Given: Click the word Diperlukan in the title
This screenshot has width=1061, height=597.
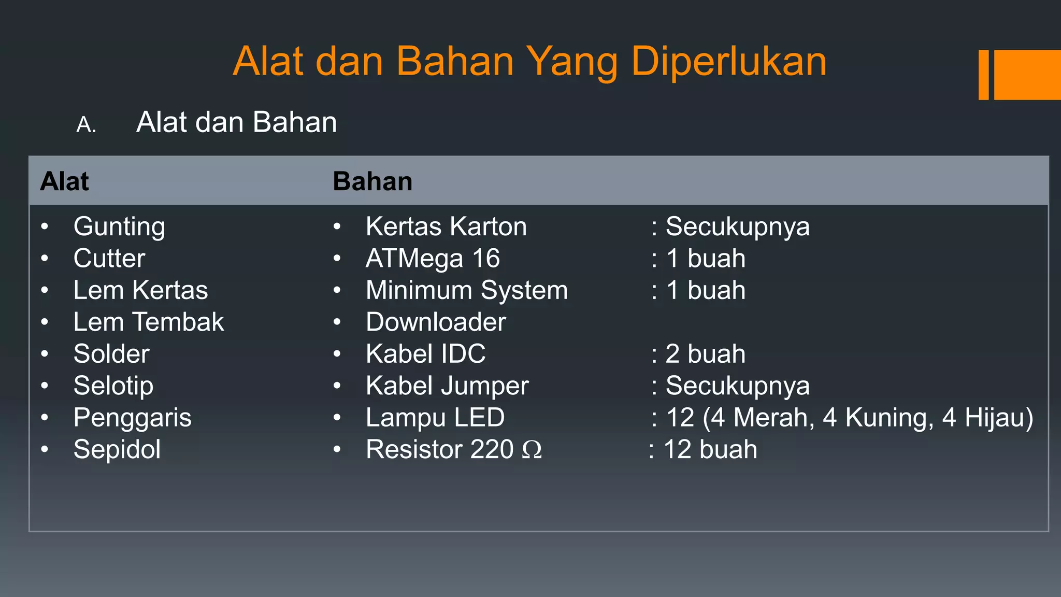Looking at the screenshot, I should [x=728, y=62].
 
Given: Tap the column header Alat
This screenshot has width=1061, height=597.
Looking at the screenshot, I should [x=65, y=181].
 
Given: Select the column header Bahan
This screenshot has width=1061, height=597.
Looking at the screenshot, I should [x=372, y=181].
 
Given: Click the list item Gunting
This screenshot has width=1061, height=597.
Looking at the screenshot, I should [x=119, y=227].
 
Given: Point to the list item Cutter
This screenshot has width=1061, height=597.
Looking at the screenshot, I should [x=109, y=258].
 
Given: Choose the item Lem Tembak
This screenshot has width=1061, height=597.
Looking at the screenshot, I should [x=149, y=322].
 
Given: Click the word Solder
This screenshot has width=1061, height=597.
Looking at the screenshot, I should [x=111, y=354].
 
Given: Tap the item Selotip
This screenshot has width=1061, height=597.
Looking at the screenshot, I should [x=113, y=386].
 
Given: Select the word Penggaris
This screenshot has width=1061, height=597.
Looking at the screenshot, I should [x=132, y=418].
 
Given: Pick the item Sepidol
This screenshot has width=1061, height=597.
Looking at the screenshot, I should [x=117, y=449].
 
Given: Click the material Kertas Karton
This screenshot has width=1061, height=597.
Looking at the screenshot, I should [x=446, y=227].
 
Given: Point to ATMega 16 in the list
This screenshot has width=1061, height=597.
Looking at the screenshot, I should [x=433, y=258].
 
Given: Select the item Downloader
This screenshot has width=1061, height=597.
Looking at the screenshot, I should [x=436, y=322].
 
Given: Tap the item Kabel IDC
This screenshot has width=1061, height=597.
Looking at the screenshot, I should [x=425, y=354].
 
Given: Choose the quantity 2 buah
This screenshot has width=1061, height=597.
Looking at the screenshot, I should [x=705, y=354].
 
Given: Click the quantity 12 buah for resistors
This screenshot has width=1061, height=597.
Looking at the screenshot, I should [x=710, y=449].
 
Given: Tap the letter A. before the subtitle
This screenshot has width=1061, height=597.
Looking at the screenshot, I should [x=86, y=125].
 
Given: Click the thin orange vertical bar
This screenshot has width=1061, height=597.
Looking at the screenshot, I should [x=983, y=75].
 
